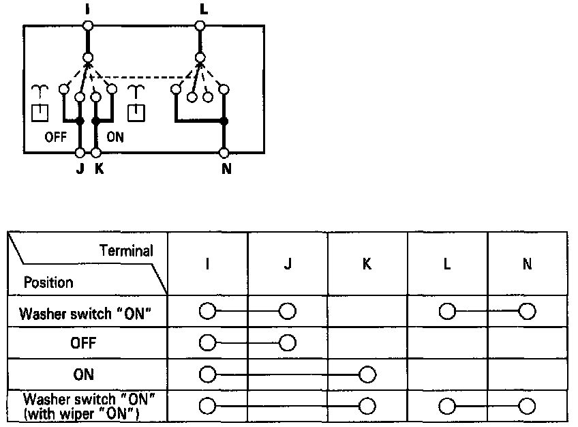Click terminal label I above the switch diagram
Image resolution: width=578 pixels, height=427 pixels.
[87, 9]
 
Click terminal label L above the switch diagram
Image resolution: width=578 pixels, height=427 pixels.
[200, 9]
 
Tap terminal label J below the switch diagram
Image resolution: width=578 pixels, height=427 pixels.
[80, 168]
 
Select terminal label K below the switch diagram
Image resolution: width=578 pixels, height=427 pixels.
[100, 168]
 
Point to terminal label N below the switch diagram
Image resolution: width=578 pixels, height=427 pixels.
[226, 168]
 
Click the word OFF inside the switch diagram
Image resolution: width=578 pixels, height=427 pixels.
[56, 136]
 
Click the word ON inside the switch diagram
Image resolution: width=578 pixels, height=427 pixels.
[115, 136]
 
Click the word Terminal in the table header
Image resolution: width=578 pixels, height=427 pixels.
[126, 251]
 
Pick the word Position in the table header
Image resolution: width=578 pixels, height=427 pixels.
[48, 282]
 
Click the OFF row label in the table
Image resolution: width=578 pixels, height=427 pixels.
[83, 344]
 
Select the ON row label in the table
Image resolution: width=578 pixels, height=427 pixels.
[83, 374]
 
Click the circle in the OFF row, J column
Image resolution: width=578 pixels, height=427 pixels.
[287, 342]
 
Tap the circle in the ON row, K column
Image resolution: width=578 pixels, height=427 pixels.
[367, 374]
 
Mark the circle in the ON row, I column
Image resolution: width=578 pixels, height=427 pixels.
[207, 374]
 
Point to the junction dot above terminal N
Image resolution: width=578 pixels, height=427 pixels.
[224, 122]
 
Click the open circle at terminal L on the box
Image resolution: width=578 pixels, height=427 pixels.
[200, 26]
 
